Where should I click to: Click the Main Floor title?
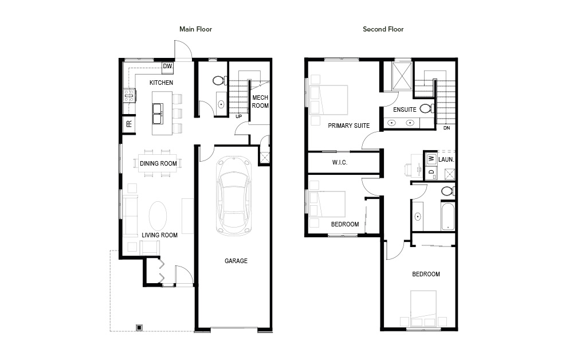pos(195,29)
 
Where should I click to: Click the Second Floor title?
pos(383,29)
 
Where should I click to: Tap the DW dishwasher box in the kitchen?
pos(167,66)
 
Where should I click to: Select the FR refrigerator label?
pos(129,124)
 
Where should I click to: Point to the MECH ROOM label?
pos(260,101)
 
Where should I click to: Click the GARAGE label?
pos(236,261)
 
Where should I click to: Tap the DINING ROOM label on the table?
pos(158,163)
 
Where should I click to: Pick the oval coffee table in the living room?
pos(158,216)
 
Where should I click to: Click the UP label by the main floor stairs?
pos(238,116)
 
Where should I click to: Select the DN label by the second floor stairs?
pos(446,128)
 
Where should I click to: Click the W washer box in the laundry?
pos(431,158)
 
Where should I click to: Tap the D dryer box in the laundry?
pos(431,172)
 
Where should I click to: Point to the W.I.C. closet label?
pos(339,162)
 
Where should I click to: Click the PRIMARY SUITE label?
pos(348,126)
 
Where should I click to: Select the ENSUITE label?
pos(405,109)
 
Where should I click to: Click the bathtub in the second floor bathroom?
pos(448,216)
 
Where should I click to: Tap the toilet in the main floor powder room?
pos(219,80)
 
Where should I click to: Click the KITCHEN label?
pos(161,83)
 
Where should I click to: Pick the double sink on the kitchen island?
pos(158,114)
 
